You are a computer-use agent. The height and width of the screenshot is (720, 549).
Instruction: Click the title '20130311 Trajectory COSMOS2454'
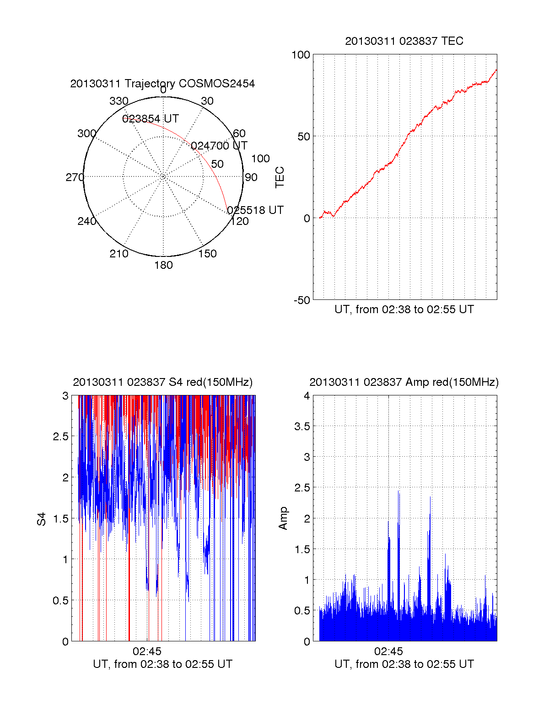point(162,84)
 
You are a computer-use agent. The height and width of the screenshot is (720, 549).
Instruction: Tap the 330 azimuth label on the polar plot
point(118,101)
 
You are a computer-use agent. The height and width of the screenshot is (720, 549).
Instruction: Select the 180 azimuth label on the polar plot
point(163,265)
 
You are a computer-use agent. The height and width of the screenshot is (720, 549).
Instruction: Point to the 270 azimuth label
point(75,177)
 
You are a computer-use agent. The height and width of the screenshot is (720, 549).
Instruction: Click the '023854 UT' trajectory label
point(151,119)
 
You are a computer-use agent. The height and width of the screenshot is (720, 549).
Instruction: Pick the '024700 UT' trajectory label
point(219,146)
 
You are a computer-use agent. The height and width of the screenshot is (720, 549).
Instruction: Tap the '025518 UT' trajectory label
point(255,210)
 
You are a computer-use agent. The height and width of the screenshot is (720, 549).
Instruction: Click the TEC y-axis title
point(280,177)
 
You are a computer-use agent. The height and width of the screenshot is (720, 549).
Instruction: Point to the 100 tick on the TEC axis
point(301,55)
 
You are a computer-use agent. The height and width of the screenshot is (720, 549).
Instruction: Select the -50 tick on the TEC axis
point(301,300)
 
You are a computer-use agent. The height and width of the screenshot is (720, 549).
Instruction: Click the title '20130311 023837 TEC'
point(404,41)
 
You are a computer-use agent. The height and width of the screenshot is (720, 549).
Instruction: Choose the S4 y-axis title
point(42,519)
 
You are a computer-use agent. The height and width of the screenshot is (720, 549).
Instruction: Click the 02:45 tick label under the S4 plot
point(147,651)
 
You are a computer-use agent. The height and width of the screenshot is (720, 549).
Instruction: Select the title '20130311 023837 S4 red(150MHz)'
point(162,382)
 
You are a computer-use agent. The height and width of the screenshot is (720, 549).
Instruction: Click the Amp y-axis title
point(283,518)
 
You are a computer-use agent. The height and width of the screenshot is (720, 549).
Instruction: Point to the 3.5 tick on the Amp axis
point(301,427)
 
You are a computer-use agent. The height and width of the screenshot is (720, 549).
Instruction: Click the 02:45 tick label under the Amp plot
point(388,651)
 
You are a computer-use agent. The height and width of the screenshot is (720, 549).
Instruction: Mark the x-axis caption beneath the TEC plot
point(404,309)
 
